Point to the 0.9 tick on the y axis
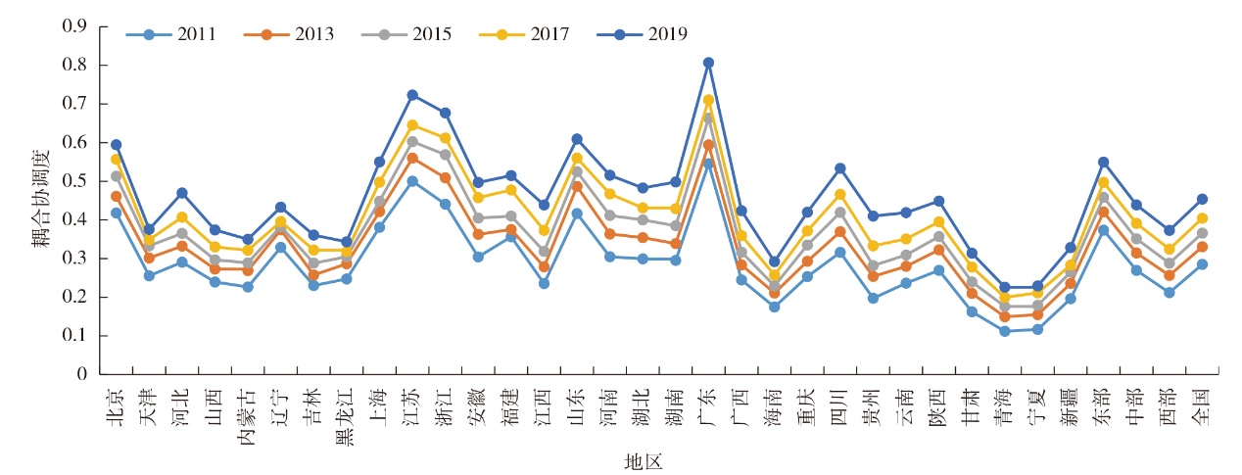pyautogui.click(x=74, y=26)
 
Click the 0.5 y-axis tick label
pyautogui.click(x=74, y=181)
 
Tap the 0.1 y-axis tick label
pyautogui.click(x=74, y=336)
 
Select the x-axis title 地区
pyautogui.click(x=644, y=461)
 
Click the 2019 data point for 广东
pyautogui.click(x=708, y=63)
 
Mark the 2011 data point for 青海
pyautogui.click(x=1005, y=331)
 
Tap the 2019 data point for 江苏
pyautogui.click(x=412, y=95)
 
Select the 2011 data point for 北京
pyautogui.click(x=117, y=213)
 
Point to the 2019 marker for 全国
pyautogui.click(x=1202, y=199)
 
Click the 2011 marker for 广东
pyautogui.click(x=708, y=163)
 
